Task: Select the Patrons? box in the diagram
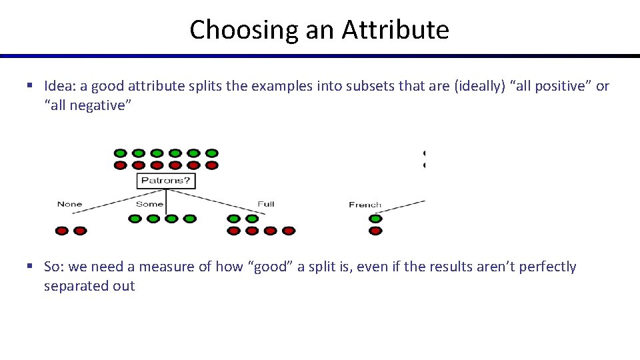166,180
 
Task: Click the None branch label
69,204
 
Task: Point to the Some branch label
149,204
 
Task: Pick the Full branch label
266,204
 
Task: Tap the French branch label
365,205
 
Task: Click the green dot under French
375,219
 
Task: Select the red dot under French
375,231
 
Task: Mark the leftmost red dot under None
62,231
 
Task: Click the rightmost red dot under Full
288,231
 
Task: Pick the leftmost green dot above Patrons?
121,153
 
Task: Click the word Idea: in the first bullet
63,86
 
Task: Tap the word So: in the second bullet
55,267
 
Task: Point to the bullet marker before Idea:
30,86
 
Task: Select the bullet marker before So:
30,267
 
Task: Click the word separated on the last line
74,286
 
